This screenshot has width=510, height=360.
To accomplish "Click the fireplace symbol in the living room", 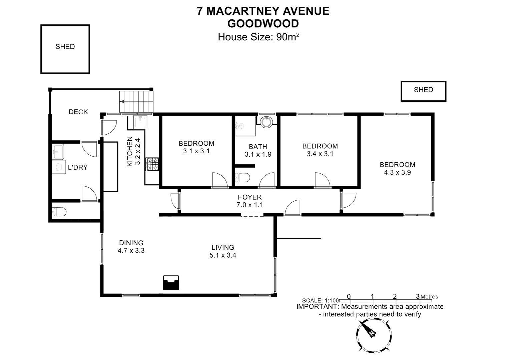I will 171,283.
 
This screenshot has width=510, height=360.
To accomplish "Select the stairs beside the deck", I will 136,102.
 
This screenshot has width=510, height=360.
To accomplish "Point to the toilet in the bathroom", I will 242,178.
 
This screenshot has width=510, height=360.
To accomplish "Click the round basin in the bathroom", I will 266,122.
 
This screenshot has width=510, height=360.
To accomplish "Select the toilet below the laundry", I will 59,212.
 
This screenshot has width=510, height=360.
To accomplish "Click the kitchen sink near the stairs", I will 140,122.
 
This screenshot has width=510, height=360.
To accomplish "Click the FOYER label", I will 249,197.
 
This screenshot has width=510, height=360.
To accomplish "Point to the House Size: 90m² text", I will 258,37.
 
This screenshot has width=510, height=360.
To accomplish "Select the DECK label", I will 78,112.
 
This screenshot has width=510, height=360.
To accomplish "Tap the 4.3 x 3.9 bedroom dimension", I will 397,172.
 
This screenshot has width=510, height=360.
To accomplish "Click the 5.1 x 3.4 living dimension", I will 222,255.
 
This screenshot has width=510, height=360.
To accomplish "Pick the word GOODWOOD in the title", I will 263,24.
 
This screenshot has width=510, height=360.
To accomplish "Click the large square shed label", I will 65,47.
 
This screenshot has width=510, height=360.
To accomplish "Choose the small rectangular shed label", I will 423,90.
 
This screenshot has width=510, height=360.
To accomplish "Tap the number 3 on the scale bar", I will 417,296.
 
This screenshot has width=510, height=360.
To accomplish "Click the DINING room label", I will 131,243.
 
